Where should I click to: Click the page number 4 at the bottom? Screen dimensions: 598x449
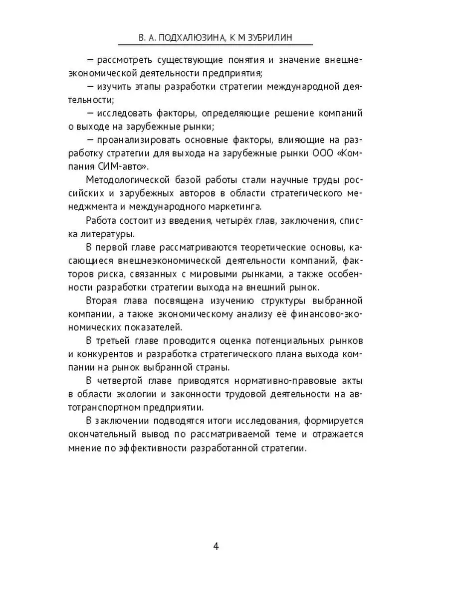coord(216,546)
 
